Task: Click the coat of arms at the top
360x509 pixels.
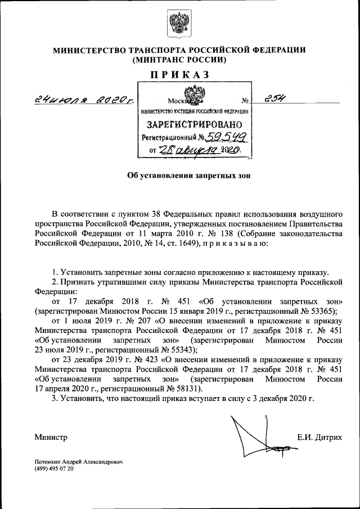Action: tap(179, 25)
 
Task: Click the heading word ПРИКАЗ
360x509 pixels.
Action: tap(179, 74)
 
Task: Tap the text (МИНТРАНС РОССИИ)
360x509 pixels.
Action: tap(179, 59)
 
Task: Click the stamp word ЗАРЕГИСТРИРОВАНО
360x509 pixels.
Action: tap(195, 124)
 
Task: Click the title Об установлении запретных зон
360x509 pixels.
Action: tap(179, 175)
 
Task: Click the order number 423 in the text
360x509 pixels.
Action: tap(139, 359)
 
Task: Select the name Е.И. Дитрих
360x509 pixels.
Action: tap(319, 437)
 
